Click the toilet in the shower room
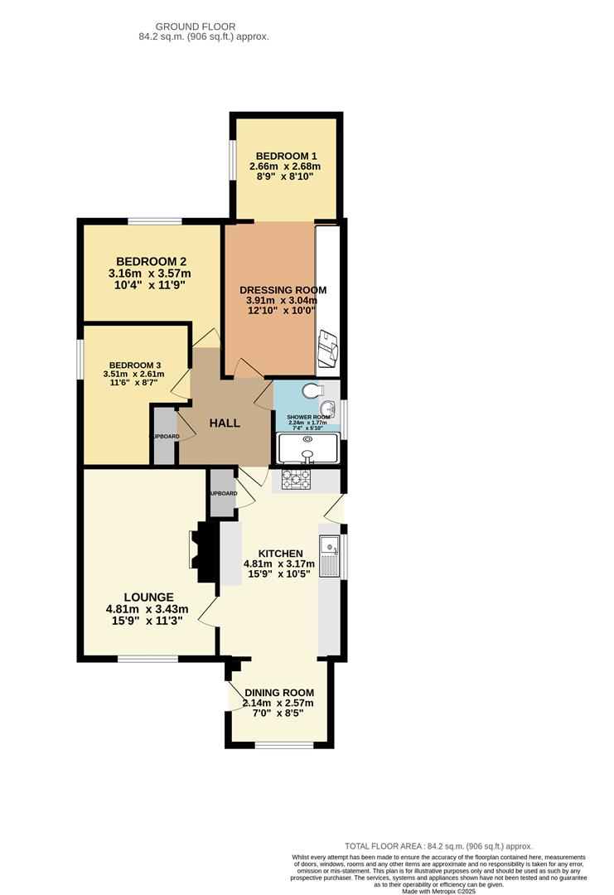pyautogui.click(x=312, y=391)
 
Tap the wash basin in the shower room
pyautogui.click(x=330, y=407)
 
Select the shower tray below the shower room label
pyautogui.click(x=307, y=447)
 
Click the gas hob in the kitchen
pyautogui.click(x=296, y=478)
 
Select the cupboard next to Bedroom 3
pyautogui.click(x=164, y=436)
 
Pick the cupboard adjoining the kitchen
pyautogui.click(x=222, y=492)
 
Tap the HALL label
pyautogui.click(x=225, y=423)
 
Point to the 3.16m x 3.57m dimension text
pyautogui.click(x=149, y=273)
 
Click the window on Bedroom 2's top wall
pyautogui.click(x=154, y=221)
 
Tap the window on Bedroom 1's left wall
pyautogui.click(x=233, y=166)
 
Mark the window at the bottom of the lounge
pyautogui.click(x=147, y=659)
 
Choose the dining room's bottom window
pyautogui.click(x=283, y=744)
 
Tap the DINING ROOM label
pyautogui.click(x=279, y=693)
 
